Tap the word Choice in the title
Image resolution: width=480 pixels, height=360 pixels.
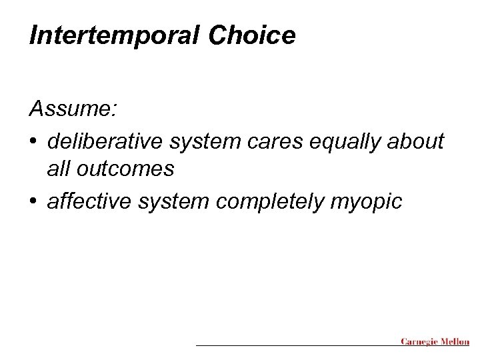click(x=251, y=36)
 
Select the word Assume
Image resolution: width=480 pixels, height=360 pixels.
click(x=70, y=109)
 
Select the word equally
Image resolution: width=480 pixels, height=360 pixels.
click(x=351, y=142)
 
